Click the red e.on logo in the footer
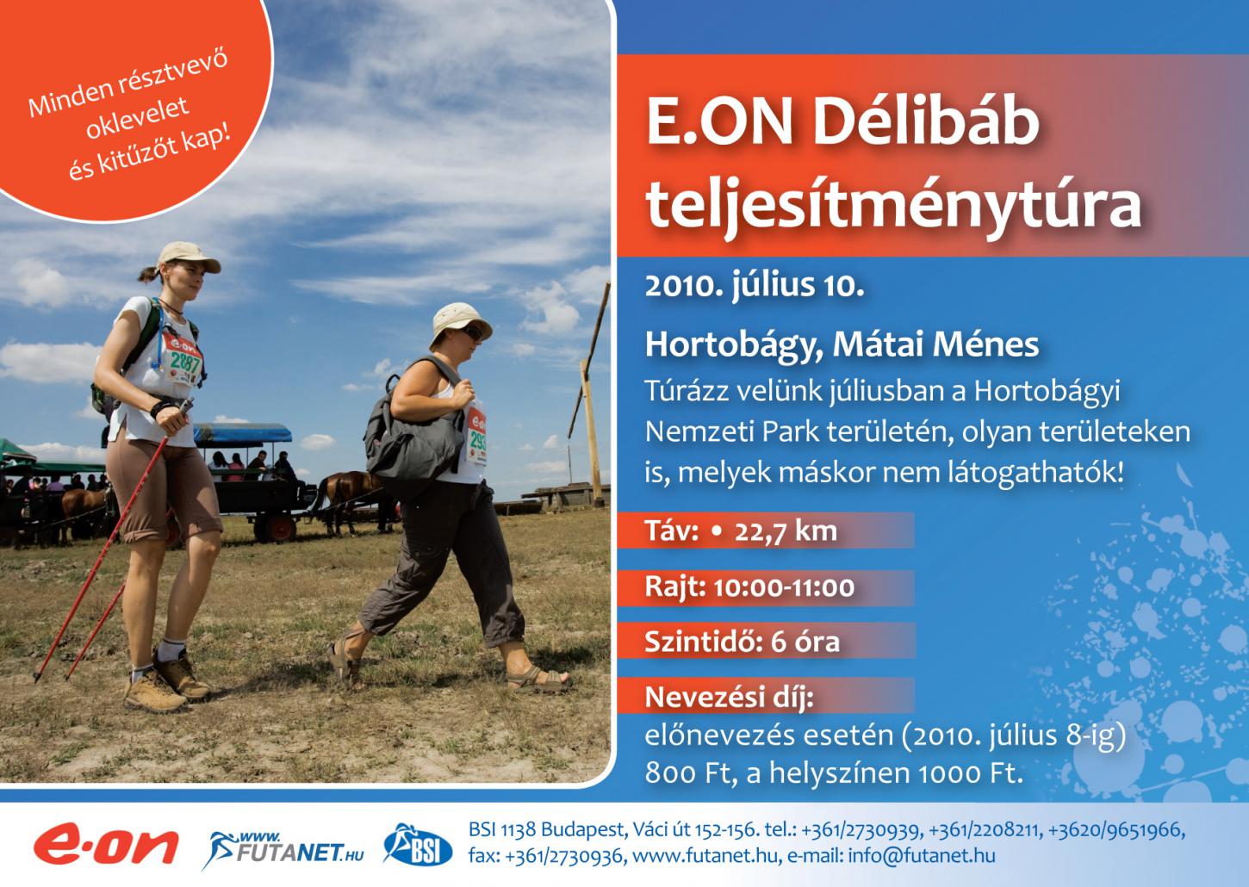106,845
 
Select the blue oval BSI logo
418,845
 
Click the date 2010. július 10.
755,286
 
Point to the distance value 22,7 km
786,531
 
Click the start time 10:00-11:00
784,587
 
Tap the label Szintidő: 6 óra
743,642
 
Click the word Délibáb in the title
926,122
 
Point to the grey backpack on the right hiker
413,429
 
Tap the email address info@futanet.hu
922,856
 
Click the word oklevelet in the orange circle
138,118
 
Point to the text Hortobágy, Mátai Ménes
842,344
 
